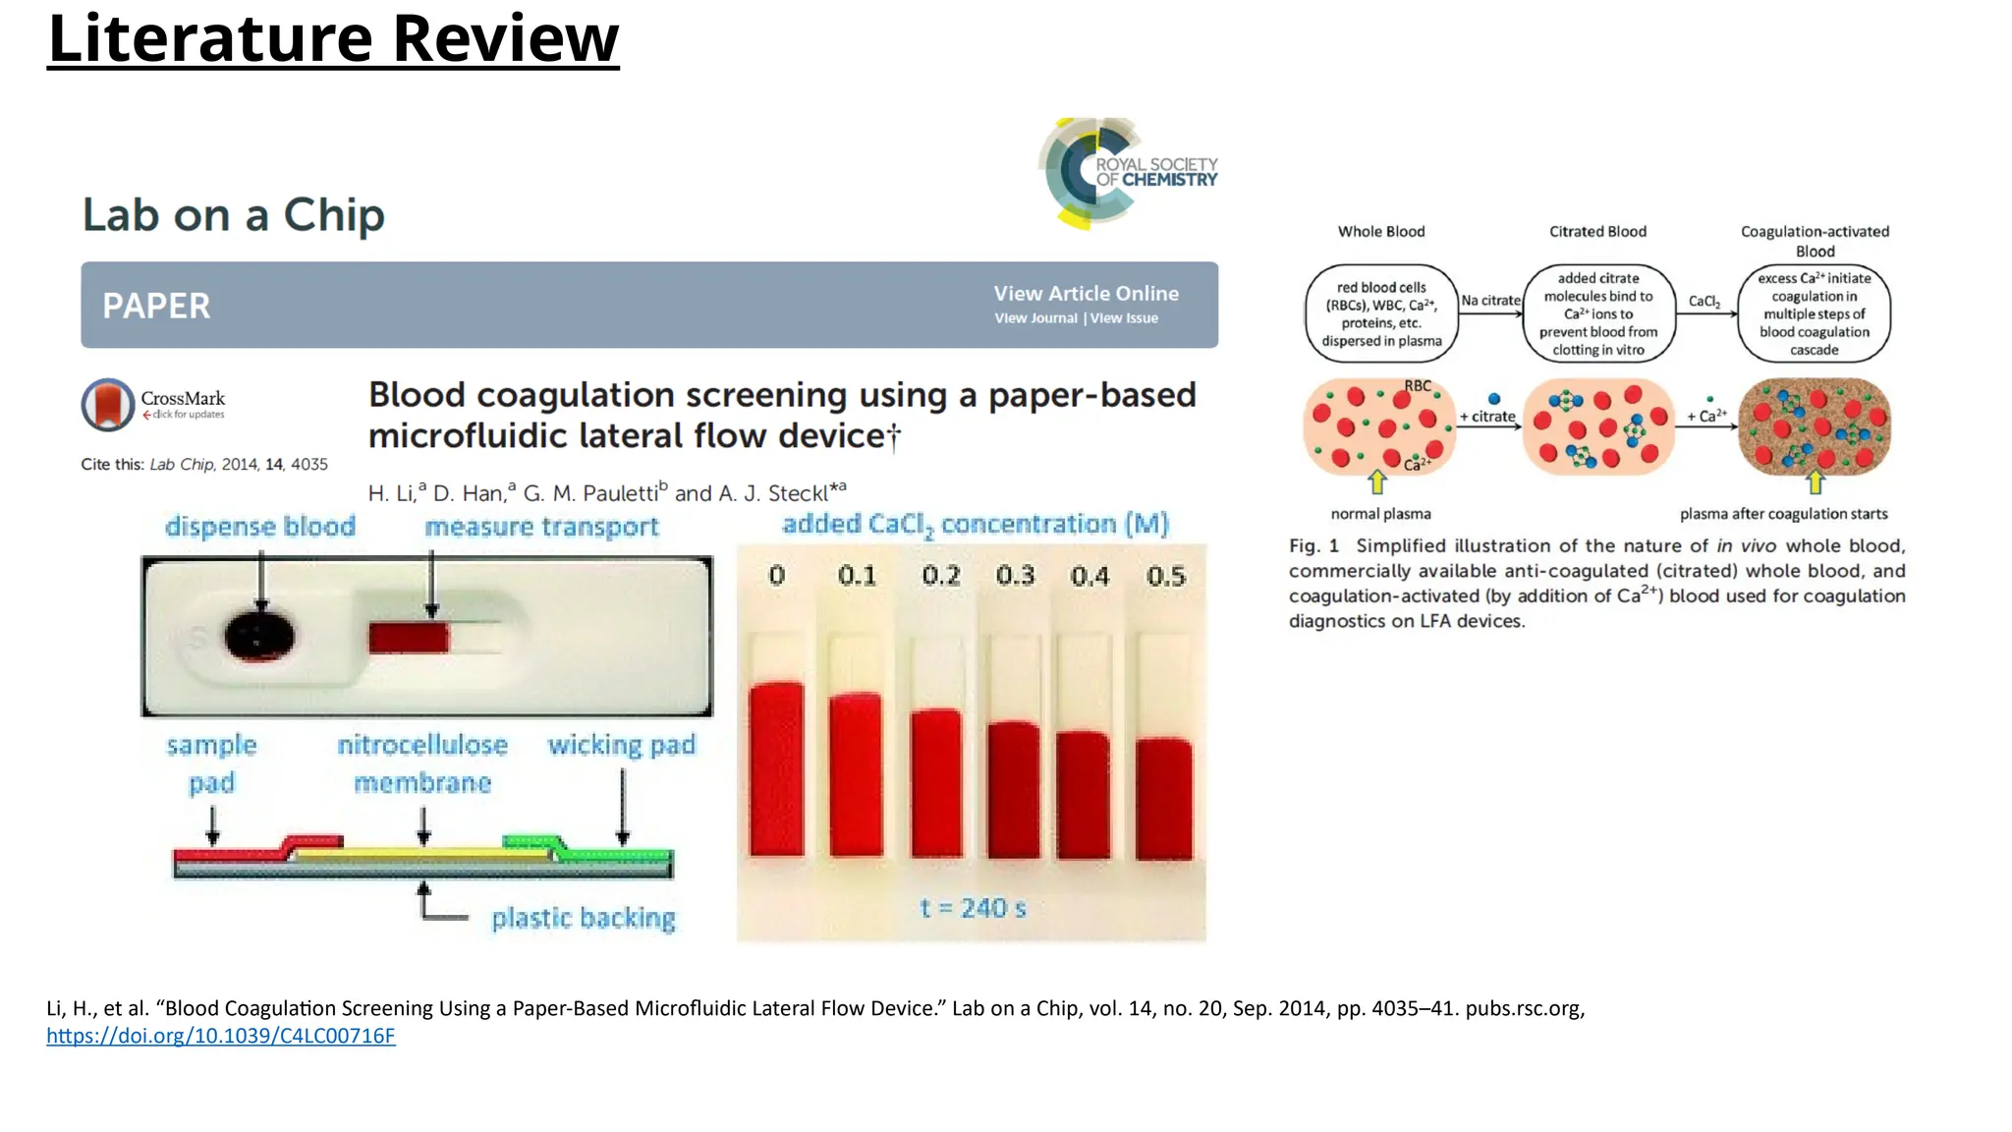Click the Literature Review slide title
point(333,39)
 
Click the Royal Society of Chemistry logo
point(1128,173)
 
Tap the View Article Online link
point(1086,293)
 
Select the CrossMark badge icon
point(108,405)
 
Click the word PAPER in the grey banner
point(156,306)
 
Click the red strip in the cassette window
point(409,638)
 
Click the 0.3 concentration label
point(1015,575)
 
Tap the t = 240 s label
point(973,908)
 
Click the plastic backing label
point(584,918)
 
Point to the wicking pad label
point(621,745)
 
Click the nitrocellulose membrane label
point(422,764)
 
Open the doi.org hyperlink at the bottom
point(221,1036)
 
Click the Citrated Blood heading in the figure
point(1597,232)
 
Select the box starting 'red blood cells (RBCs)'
point(1381,313)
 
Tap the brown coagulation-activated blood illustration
point(1814,426)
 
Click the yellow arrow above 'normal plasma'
point(1377,482)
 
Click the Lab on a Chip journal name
point(234,215)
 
